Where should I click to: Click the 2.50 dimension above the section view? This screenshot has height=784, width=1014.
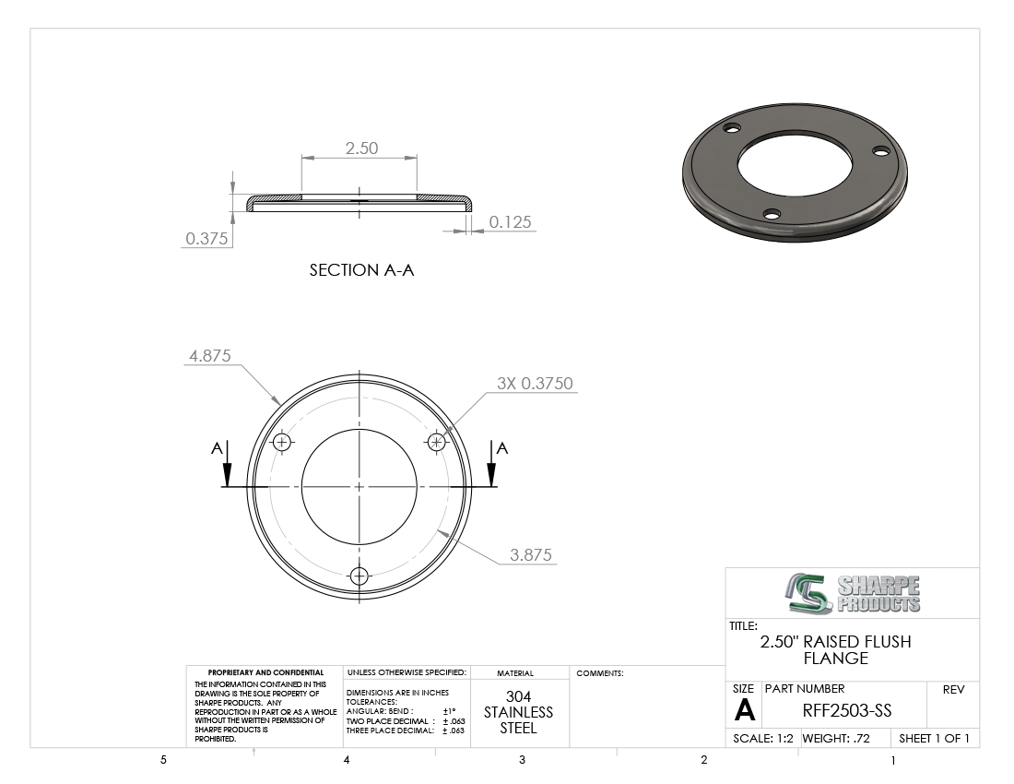pyautogui.click(x=361, y=148)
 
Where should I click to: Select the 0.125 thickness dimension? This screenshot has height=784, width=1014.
pyautogui.click(x=511, y=222)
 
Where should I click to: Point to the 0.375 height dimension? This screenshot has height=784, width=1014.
pyautogui.click(x=206, y=239)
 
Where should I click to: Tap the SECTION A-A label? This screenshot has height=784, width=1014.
pyautogui.click(x=361, y=269)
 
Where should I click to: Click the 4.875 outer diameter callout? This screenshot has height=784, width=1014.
pyautogui.click(x=209, y=356)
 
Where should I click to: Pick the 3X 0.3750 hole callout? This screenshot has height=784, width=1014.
pyautogui.click(x=535, y=383)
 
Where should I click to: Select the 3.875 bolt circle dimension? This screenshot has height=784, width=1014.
pyautogui.click(x=531, y=555)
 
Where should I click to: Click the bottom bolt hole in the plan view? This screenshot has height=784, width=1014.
pyautogui.click(x=359, y=576)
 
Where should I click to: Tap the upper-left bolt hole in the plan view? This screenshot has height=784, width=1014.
pyautogui.click(x=282, y=442)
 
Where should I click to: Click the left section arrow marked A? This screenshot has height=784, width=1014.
pyautogui.click(x=227, y=465)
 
